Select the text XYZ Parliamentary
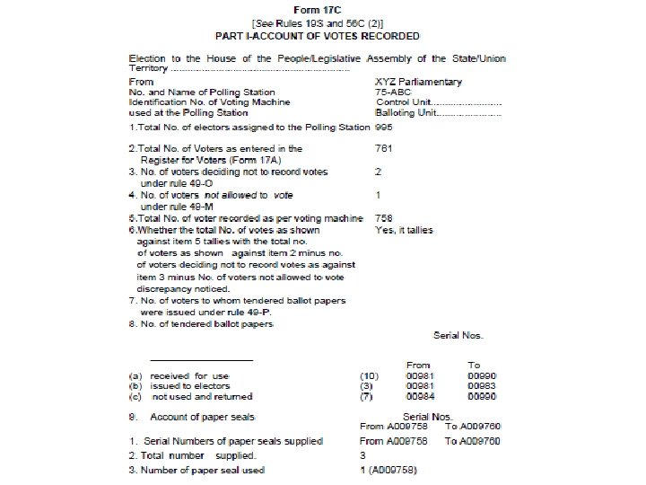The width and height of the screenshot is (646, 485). click(418, 82)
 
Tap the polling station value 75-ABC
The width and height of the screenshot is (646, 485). click(393, 93)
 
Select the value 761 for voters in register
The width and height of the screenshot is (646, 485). click(384, 148)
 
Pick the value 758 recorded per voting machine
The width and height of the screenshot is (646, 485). click(384, 217)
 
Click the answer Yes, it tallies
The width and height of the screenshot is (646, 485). click(405, 230)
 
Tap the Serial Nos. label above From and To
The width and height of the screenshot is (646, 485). click(458, 335)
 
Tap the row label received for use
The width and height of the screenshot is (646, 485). click(191, 375)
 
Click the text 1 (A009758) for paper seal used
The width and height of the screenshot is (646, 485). click(389, 471)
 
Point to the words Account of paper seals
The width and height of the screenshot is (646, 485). click(204, 418)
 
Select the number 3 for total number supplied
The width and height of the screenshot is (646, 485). click(362, 455)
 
